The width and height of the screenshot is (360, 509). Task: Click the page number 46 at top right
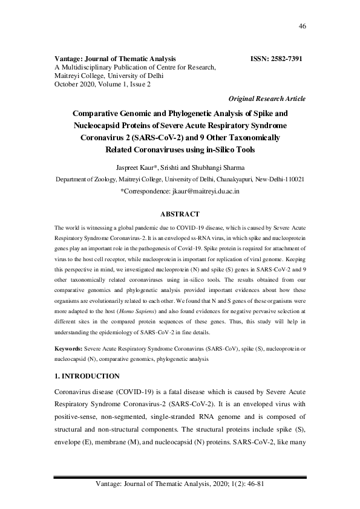[303, 26]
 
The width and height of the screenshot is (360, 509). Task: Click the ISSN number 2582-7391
[284, 59]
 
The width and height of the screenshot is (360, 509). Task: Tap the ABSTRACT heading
[179, 213]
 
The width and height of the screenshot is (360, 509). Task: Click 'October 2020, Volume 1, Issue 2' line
[102, 84]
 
